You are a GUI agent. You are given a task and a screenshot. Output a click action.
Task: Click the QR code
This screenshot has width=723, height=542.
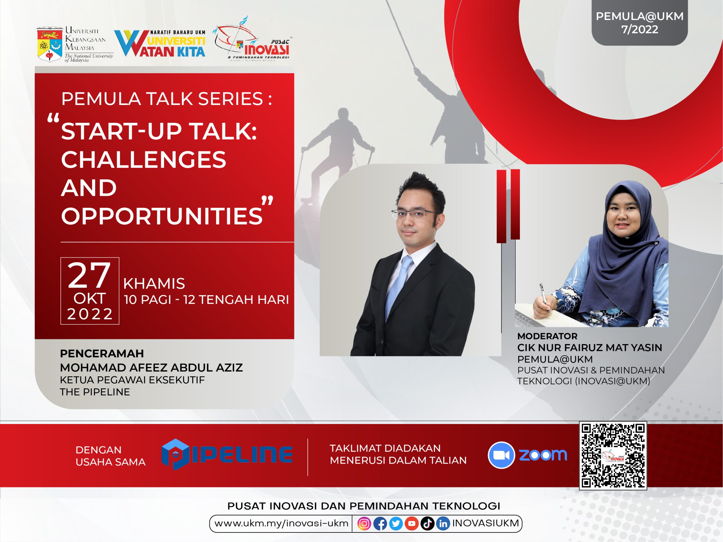click(613, 456)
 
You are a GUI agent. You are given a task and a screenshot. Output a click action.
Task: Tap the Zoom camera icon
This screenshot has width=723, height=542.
click(501, 455)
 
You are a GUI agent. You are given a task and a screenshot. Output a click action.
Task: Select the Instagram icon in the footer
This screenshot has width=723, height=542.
click(364, 524)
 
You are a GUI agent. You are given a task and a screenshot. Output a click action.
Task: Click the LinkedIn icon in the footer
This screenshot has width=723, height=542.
click(443, 524)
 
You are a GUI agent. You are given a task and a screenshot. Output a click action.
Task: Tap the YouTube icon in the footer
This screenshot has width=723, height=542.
click(411, 524)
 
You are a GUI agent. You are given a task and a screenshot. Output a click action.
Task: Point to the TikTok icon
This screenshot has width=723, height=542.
click(427, 524)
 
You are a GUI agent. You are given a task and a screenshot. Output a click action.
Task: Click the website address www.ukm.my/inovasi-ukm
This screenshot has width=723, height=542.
click(281, 523)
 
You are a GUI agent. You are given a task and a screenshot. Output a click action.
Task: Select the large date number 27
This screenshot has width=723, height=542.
click(89, 276)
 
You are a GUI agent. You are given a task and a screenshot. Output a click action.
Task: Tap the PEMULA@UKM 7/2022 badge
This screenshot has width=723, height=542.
click(640, 23)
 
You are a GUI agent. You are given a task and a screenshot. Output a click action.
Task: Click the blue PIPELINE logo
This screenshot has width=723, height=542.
click(227, 454)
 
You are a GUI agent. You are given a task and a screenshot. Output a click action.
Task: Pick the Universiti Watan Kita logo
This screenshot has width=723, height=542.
click(160, 43)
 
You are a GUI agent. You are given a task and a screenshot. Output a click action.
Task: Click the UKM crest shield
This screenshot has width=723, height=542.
click(49, 44)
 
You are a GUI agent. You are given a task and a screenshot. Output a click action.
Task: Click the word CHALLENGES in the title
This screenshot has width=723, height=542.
click(143, 160)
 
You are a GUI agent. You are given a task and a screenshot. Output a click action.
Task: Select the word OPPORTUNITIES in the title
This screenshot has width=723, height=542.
click(162, 216)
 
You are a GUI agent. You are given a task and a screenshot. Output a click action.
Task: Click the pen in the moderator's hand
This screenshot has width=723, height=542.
click(544, 298)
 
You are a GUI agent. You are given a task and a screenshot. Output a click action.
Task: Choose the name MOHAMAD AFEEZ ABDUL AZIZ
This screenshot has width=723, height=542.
click(151, 368)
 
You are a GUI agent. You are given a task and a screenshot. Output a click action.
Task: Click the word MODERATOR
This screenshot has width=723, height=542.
click(548, 336)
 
